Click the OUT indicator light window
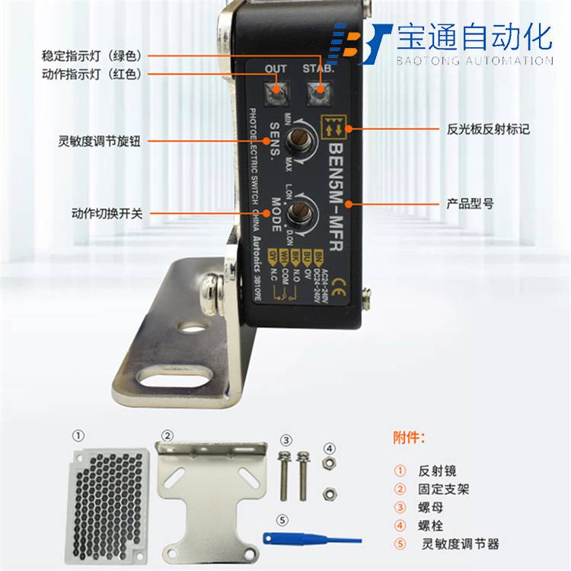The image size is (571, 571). click(276, 94)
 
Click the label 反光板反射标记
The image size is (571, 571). click(488, 130)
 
